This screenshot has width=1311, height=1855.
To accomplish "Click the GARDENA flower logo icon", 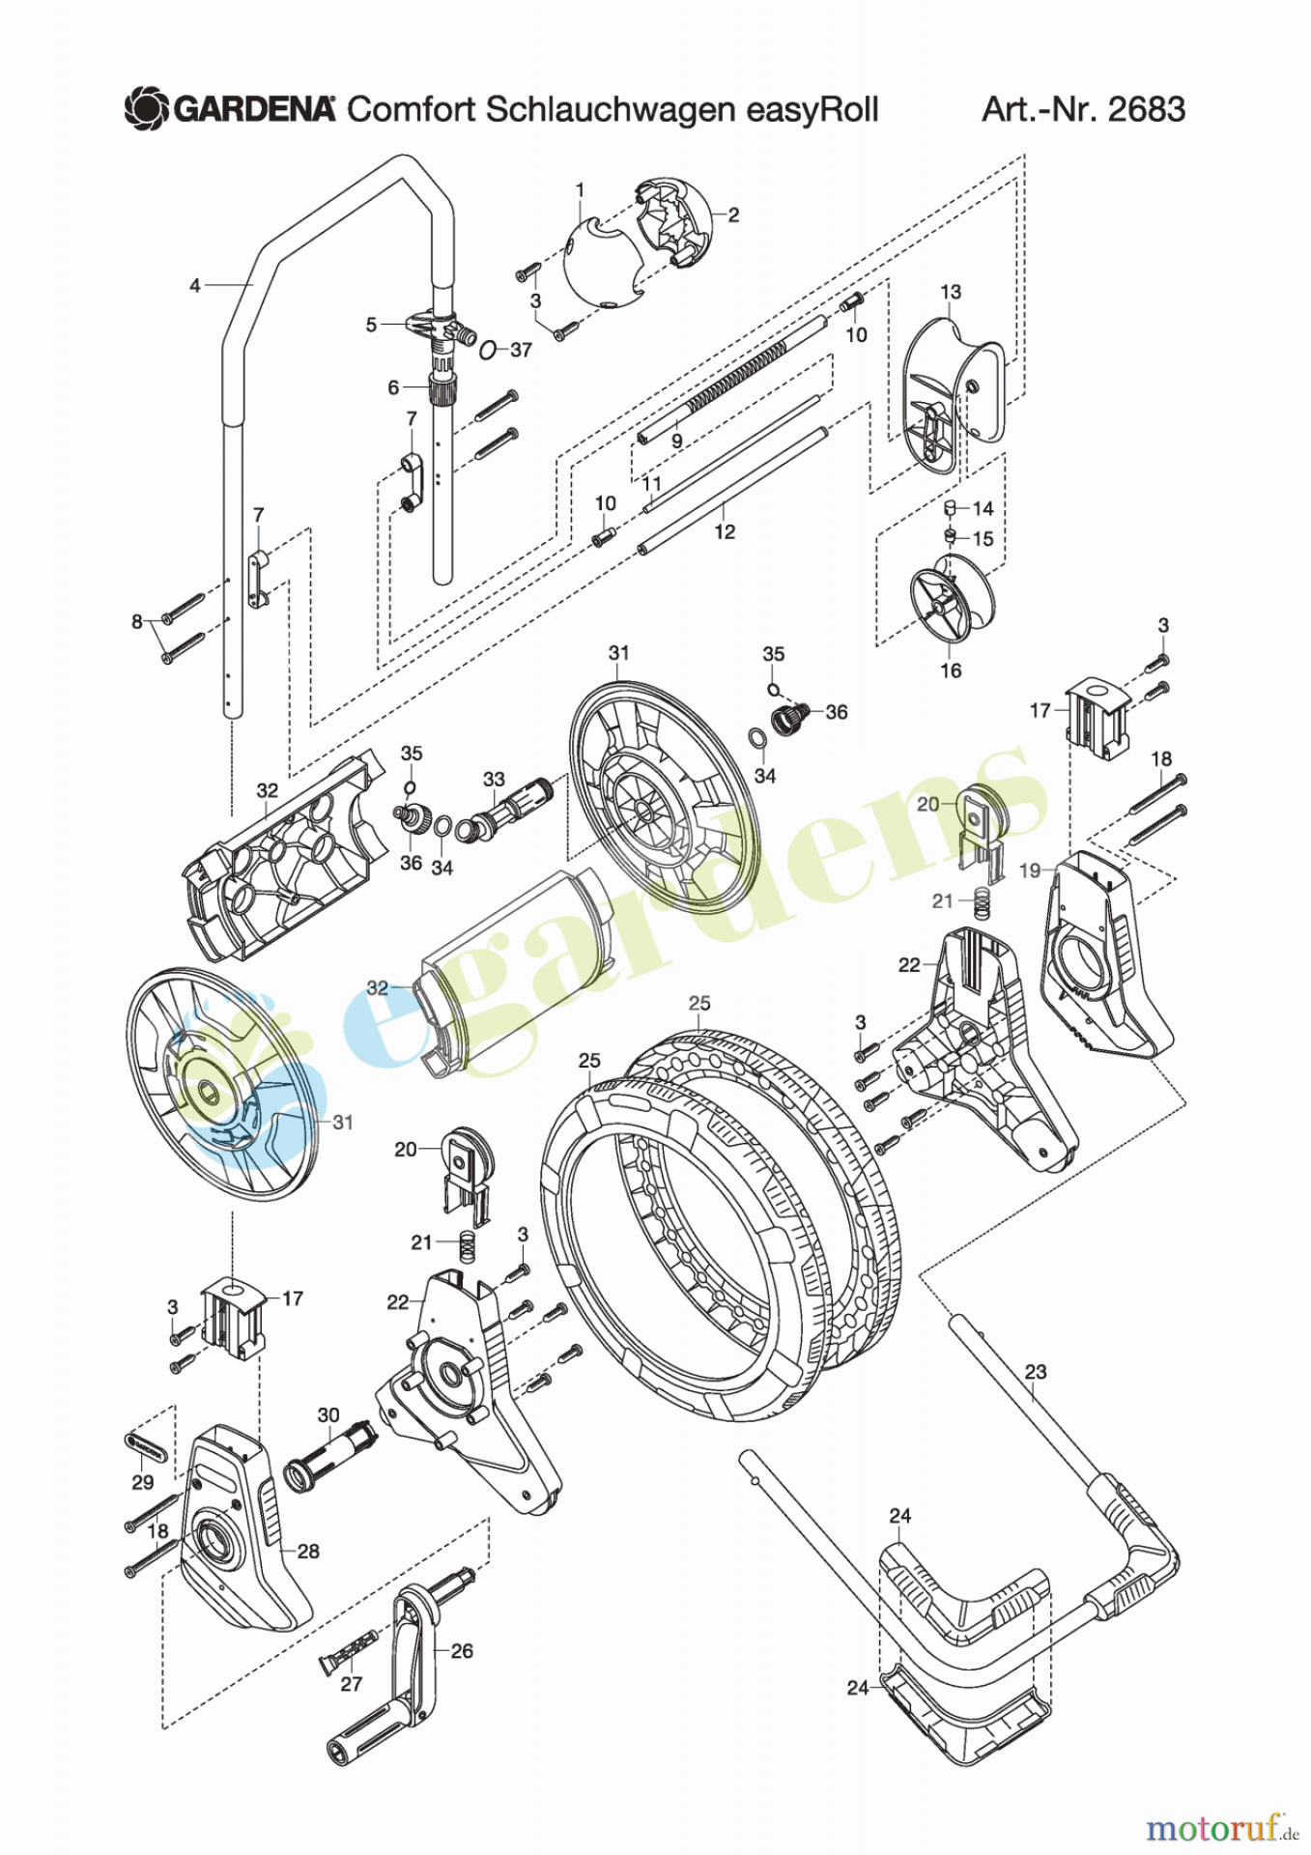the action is (147, 108).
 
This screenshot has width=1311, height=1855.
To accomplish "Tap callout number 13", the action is (951, 292).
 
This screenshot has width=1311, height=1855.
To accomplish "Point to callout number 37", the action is (521, 350).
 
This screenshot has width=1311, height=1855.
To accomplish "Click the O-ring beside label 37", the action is (489, 349).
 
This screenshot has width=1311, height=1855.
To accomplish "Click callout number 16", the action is (951, 671).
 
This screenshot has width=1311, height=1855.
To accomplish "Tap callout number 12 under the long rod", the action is (725, 532).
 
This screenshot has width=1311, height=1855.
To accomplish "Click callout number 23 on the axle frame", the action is (1036, 1372).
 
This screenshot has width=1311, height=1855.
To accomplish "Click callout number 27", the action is (351, 1684).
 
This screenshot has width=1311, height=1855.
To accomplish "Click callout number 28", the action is (308, 1551).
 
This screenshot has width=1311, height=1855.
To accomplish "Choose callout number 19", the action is (1030, 870).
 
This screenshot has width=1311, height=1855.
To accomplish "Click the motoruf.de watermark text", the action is (1222, 1829).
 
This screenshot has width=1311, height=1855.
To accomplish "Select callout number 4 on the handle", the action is (195, 285).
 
